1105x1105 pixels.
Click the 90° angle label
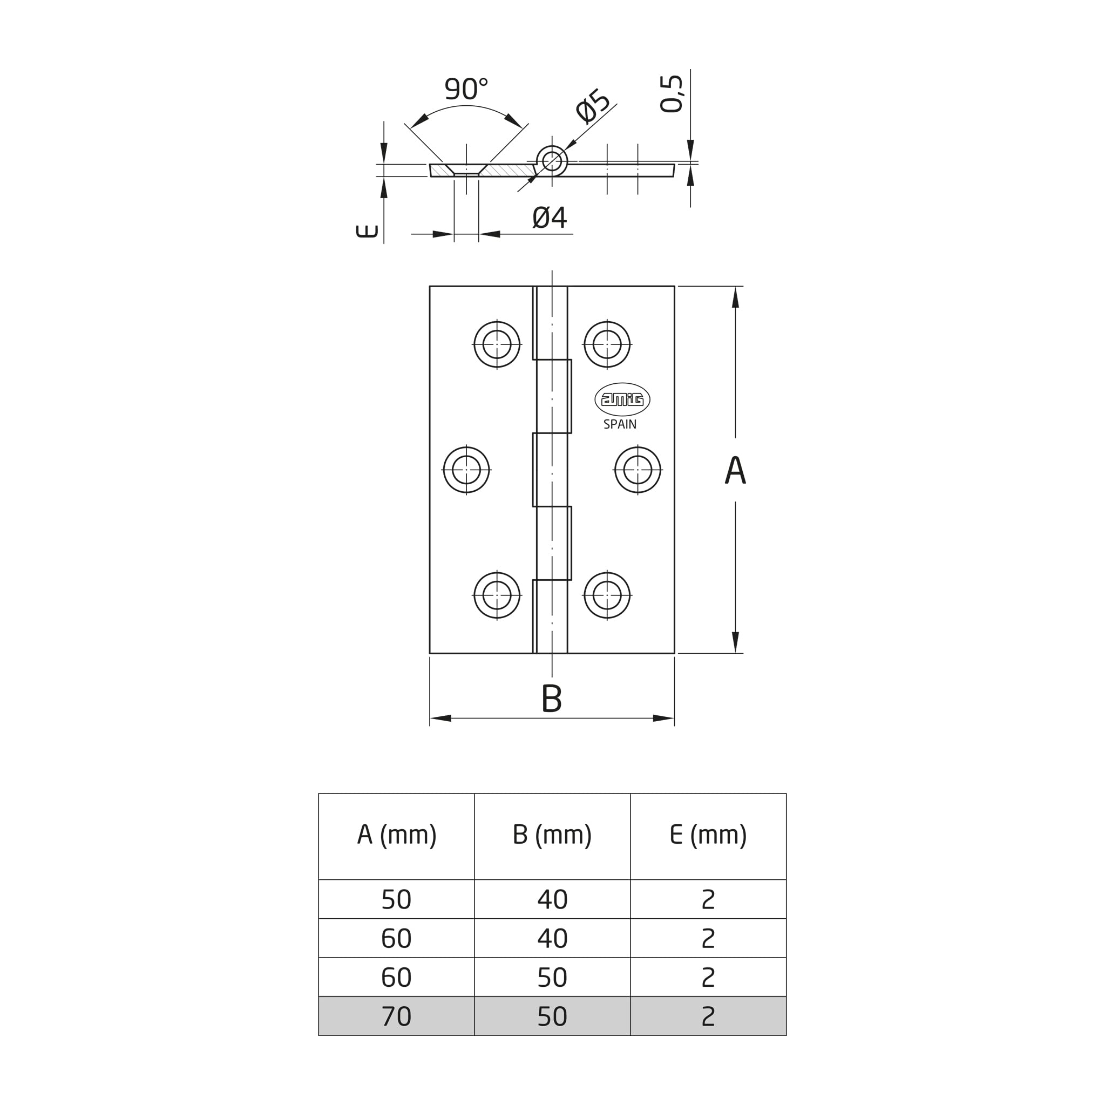pyautogui.click(x=466, y=89)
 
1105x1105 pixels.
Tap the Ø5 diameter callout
pyautogui.click(x=593, y=106)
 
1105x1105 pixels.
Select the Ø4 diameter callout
pyautogui.click(x=550, y=218)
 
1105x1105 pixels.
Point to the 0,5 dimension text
pyautogui.click(x=672, y=94)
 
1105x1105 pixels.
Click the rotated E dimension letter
pyautogui.click(x=367, y=231)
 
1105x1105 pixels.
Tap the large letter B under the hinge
pyautogui.click(x=551, y=699)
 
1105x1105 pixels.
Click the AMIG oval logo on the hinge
pyautogui.click(x=622, y=399)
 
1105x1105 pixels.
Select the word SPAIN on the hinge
pyautogui.click(x=620, y=424)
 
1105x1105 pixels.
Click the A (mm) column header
pyautogui.click(x=397, y=835)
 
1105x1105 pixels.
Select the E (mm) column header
pyautogui.click(x=708, y=835)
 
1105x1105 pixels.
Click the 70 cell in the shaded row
pyautogui.click(x=396, y=1016)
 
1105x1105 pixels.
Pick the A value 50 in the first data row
pyautogui.click(x=396, y=900)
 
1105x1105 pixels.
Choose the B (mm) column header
pyautogui.click(x=552, y=835)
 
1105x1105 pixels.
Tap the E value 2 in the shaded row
pyautogui.click(x=708, y=1016)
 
